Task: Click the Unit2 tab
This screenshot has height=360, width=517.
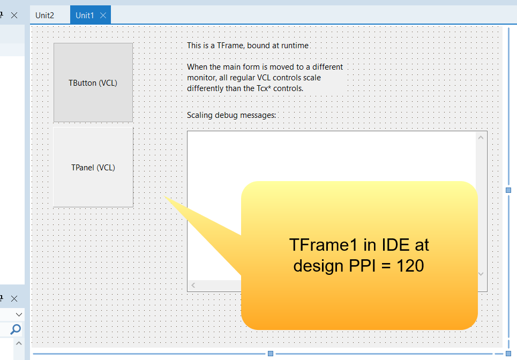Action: point(44,15)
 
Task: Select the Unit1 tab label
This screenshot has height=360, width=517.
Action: point(85,15)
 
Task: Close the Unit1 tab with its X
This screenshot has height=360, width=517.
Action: point(103,15)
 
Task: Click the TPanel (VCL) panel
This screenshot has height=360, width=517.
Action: point(93,168)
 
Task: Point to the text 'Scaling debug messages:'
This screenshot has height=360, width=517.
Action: point(231,115)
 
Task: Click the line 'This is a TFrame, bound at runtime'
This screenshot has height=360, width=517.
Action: point(248,46)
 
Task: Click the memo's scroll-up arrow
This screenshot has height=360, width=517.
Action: point(481,138)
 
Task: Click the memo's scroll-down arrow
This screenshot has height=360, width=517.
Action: point(481,274)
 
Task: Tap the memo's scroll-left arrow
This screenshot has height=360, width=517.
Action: point(193,285)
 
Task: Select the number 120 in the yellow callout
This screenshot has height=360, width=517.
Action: point(410,266)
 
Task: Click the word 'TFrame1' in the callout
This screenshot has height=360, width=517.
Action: point(323,245)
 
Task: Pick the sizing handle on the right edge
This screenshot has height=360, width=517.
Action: point(508,190)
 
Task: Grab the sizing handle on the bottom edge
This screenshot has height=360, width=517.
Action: point(271,354)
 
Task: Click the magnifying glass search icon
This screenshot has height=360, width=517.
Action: point(15,329)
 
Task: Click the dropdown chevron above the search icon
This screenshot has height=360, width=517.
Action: point(19,314)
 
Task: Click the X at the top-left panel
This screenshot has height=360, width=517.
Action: point(14,15)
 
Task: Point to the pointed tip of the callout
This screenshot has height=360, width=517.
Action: point(165,197)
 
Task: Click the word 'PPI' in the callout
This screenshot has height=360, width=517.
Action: point(362,266)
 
